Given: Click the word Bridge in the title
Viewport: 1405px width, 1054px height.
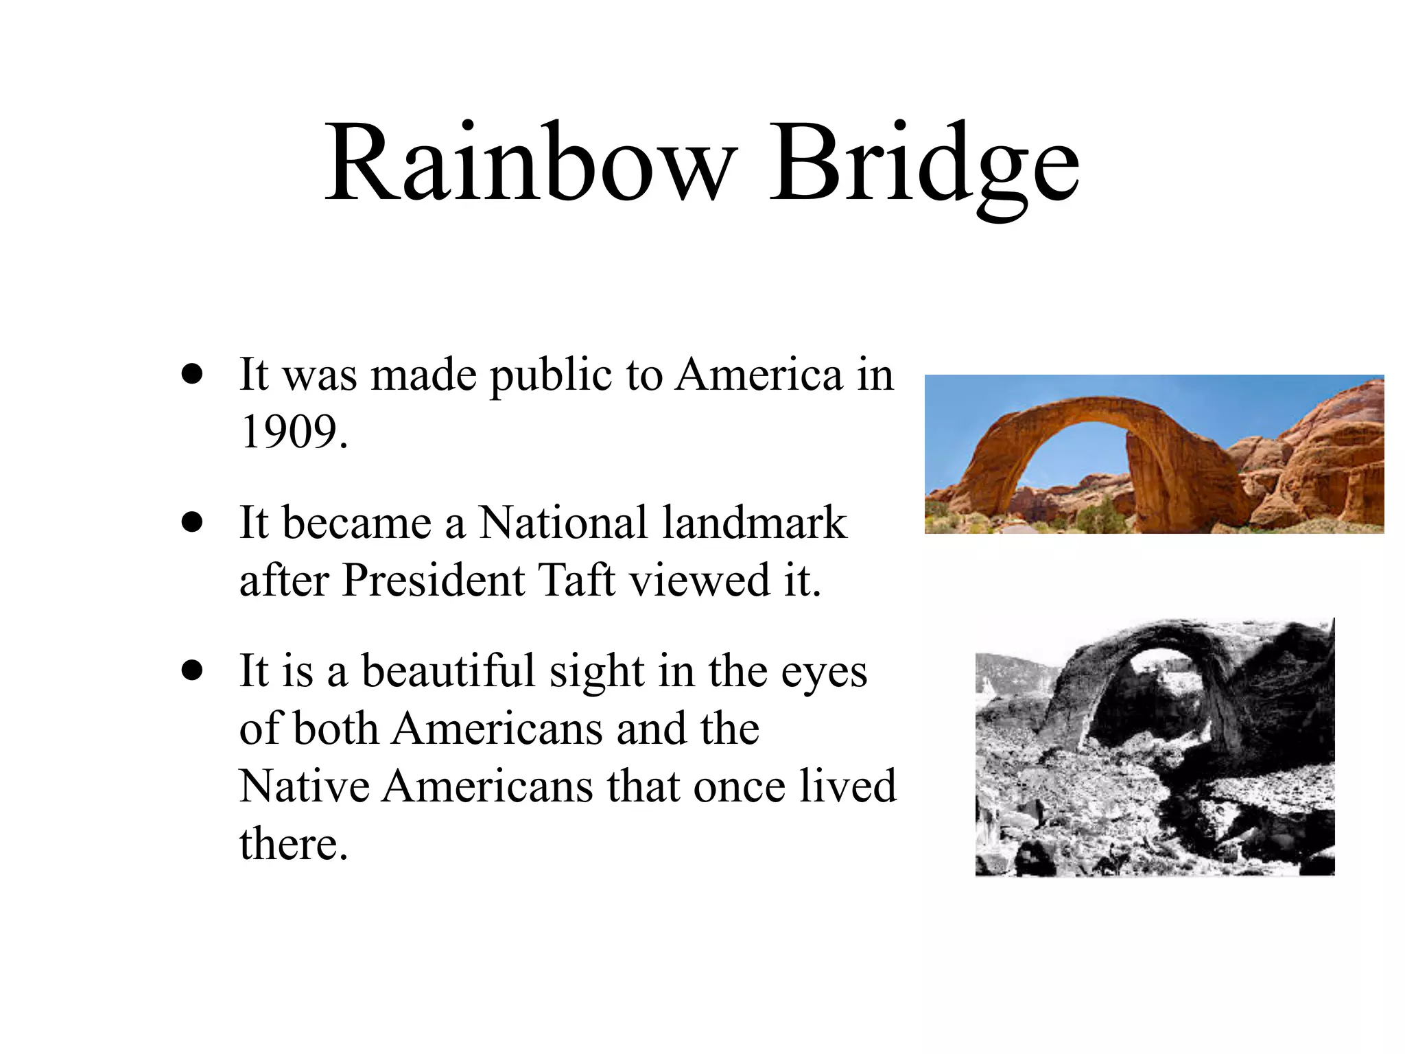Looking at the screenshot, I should (x=923, y=168).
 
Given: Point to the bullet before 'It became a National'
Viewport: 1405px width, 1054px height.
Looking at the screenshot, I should (x=193, y=522).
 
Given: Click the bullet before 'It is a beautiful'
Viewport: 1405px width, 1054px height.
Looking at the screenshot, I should (x=193, y=670).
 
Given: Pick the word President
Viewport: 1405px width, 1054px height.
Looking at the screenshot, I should (x=434, y=581).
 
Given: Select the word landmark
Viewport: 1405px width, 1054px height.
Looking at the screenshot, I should (x=755, y=523).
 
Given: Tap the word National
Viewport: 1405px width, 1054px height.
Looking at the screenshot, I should (x=563, y=523).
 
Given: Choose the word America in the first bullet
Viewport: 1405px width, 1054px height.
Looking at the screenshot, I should (x=758, y=375).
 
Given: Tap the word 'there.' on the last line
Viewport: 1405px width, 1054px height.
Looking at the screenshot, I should (x=294, y=844).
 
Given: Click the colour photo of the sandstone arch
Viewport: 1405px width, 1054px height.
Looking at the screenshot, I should (x=1154, y=454).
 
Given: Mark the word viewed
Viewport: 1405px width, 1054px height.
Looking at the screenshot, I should (x=700, y=581).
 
